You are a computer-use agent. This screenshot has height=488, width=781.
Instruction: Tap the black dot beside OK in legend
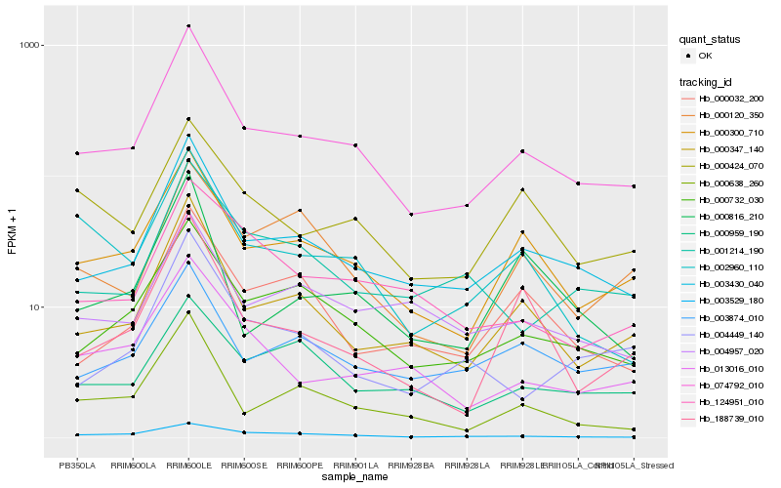[x=689, y=57]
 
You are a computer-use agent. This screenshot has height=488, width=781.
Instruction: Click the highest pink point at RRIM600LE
[x=188, y=25]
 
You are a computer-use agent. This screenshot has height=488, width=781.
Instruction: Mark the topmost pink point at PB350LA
[x=77, y=153]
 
